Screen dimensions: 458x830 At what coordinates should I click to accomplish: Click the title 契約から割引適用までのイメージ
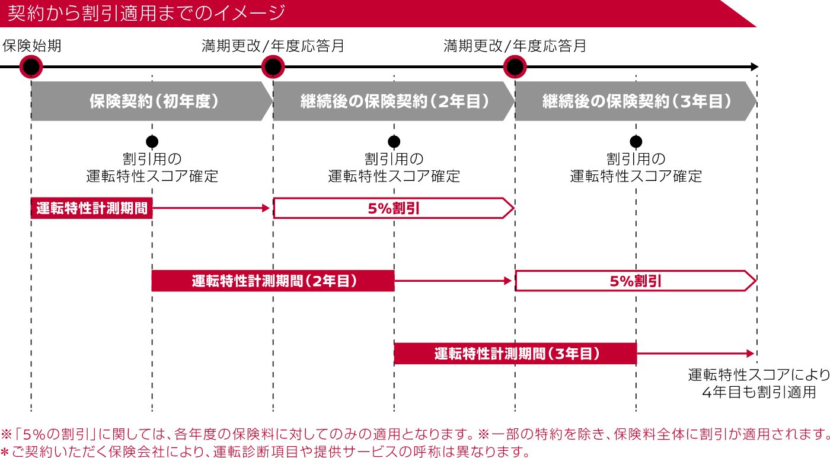pyautogui.click(x=146, y=13)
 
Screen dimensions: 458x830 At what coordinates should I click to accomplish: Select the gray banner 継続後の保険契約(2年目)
pyautogui.click(x=394, y=101)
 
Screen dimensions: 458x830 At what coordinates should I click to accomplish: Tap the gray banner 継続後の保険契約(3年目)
pyautogui.click(x=636, y=101)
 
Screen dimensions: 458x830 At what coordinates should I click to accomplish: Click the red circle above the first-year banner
pyautogui.click(x=31, y=67)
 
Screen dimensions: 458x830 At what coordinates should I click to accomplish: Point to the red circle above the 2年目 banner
pyautogui.click(x=273, y=67)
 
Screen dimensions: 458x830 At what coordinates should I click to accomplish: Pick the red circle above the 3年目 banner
pyautogui.click(x=515, y=67)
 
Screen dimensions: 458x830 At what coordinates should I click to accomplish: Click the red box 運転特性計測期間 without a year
pyautogui.click(x=92, y=208)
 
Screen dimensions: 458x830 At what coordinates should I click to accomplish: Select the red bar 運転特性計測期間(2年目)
pyautogui.click(x=273, y=281)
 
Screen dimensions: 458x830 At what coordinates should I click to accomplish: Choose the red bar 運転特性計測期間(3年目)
pyautogui.click(x=516, y=354)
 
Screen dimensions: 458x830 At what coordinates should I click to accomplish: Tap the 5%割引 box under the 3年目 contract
pyautogui.click(x=635, y=281)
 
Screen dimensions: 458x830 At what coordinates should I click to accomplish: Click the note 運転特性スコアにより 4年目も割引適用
pyautogui.click(x=759, y=384)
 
